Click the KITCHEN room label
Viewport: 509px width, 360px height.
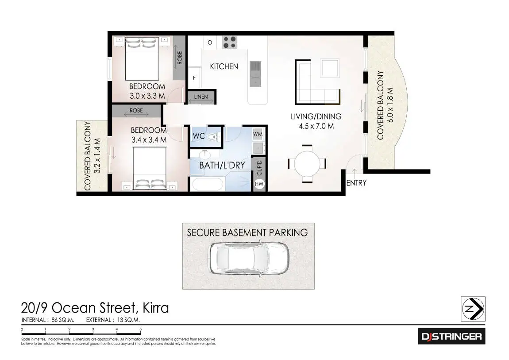(224, 66)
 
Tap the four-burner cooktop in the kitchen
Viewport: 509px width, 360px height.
(229, 42)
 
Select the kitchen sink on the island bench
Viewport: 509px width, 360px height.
(255, 74)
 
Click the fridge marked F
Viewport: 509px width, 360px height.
(194, 78)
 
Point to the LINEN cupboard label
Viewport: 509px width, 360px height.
(201, 97)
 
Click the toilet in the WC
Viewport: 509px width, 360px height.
(214, 136)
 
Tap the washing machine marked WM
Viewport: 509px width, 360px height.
(258, 133)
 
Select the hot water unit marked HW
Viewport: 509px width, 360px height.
(259, 184)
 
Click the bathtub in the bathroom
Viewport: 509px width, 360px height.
(207, 184)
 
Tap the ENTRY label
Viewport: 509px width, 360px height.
(356, 183)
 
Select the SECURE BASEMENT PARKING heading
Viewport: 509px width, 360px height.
(247, 232)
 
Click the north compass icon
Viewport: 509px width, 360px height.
(473, 309)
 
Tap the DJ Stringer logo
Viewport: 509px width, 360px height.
(451, 337)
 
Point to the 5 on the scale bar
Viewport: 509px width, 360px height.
(140, 329)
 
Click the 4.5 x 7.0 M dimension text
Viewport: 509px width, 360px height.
(316, 126)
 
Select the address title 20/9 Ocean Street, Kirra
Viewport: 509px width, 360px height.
(95, 307)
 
